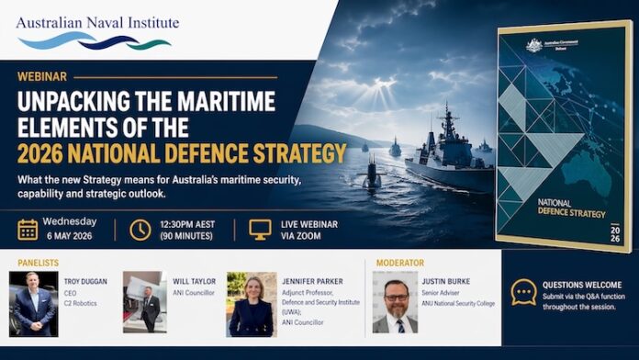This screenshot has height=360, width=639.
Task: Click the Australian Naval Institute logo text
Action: pos(97,22)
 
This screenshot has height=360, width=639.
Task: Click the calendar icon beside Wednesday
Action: pos(28,230)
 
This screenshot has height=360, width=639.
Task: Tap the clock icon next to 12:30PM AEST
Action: pos(140,230)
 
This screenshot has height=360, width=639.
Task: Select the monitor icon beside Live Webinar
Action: pos(261,230)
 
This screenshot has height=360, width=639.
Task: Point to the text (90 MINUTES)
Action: pos(186,237)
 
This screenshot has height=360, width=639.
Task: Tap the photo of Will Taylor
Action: pos(144,303)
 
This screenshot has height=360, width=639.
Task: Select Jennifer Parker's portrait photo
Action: pos(251,303)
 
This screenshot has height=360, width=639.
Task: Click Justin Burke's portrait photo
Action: pos(395,303)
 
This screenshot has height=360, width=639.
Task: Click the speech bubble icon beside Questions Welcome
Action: pos(524,292)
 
